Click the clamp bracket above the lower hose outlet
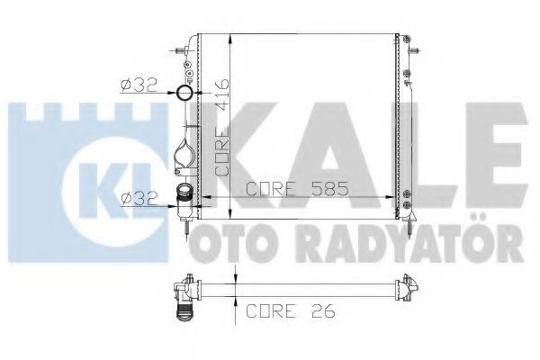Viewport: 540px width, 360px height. click(x=185, y=154)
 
